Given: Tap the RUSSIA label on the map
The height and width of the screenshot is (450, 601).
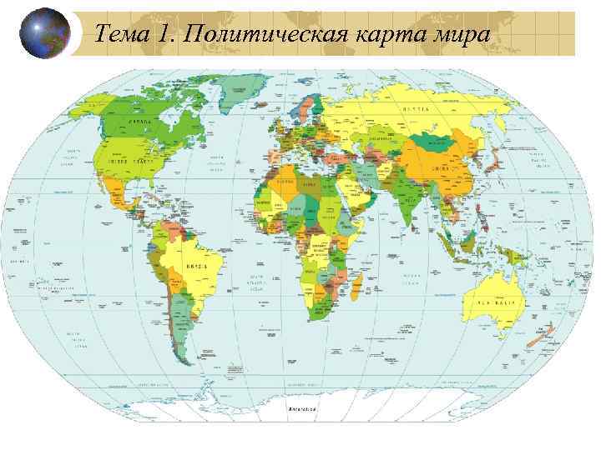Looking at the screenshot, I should [417, 110].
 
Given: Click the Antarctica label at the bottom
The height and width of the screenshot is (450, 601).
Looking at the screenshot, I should [301, 410].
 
